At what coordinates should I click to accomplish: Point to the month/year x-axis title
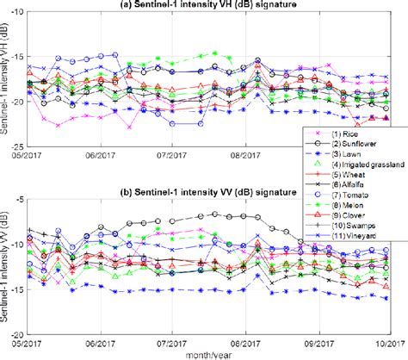pyautogui.click(x=212, y=353)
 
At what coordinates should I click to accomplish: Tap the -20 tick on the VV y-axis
pyautogui.click(x=20, y=333)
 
